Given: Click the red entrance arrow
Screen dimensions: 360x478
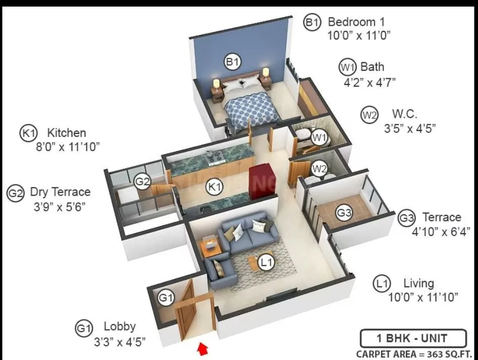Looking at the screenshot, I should point(203,348).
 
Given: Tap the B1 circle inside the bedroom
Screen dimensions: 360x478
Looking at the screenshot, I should point(232,62).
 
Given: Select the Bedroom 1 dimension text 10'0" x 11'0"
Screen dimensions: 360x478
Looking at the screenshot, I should point(359,35).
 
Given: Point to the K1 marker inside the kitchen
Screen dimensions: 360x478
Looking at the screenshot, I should point(215,188).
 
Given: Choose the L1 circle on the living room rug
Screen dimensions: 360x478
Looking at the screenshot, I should point(266,262).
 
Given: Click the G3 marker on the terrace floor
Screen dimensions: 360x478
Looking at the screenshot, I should point(344,213).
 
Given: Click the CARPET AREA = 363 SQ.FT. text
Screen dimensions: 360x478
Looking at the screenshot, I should point(416,353).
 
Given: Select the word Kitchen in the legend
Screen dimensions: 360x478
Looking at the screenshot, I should point(66,133).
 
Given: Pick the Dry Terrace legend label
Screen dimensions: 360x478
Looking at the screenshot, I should point(60,192).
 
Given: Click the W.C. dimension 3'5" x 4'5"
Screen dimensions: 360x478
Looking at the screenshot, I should point(409,128).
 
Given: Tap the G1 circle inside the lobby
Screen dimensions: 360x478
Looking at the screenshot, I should point(166,298).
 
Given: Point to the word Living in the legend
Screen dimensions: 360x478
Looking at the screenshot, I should point(418,283).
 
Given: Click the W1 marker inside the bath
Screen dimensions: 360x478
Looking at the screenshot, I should point(318,136).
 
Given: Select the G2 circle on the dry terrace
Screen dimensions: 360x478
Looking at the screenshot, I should point(143,181).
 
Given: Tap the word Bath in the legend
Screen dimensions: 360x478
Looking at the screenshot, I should point(372,67).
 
